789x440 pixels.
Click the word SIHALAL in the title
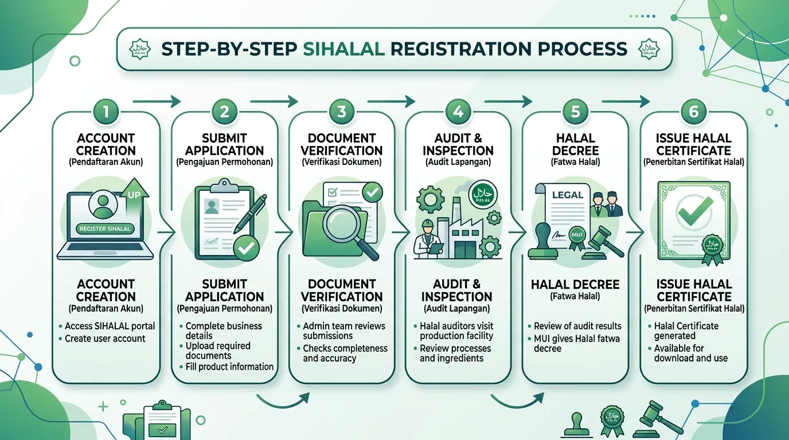[343, 49]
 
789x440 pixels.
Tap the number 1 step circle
[106, 112]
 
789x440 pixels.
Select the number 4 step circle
[458, 112]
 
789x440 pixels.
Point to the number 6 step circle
[694, 112]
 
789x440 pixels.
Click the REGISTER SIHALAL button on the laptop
[105, 229]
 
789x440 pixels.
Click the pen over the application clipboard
[250, 213]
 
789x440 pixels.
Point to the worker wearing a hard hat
[428, 239]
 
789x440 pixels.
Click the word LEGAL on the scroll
[568, 195]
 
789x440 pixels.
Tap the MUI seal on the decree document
[577, 237]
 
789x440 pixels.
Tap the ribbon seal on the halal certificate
[712, 250]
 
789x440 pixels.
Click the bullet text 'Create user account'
[105, 339]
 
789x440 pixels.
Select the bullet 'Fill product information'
[229, 367]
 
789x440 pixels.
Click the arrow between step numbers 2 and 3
[274, 101]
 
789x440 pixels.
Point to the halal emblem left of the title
[140, 49]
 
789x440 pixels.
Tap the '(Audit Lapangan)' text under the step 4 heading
[458, 162]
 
